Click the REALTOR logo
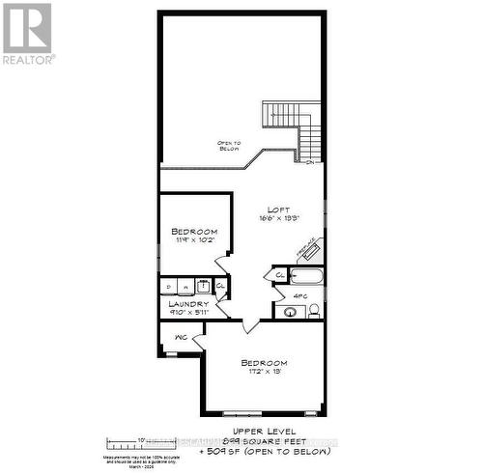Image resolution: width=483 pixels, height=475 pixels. [27, 33]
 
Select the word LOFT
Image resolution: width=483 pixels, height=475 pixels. [279, 210]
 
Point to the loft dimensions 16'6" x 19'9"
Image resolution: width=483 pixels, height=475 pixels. [279, 219]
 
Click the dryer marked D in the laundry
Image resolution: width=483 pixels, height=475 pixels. [168, 286]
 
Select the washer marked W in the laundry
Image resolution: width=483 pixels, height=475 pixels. [185, 286]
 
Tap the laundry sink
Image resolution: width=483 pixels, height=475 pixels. [203, 286]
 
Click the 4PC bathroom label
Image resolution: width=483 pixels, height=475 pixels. [300, 296]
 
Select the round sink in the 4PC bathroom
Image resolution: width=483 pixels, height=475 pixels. [291, 311]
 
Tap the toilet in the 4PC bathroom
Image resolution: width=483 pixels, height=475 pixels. [314, 310]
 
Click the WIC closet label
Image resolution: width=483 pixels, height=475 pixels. [181, 338]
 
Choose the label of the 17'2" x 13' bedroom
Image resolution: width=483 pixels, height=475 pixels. [263, 363]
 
